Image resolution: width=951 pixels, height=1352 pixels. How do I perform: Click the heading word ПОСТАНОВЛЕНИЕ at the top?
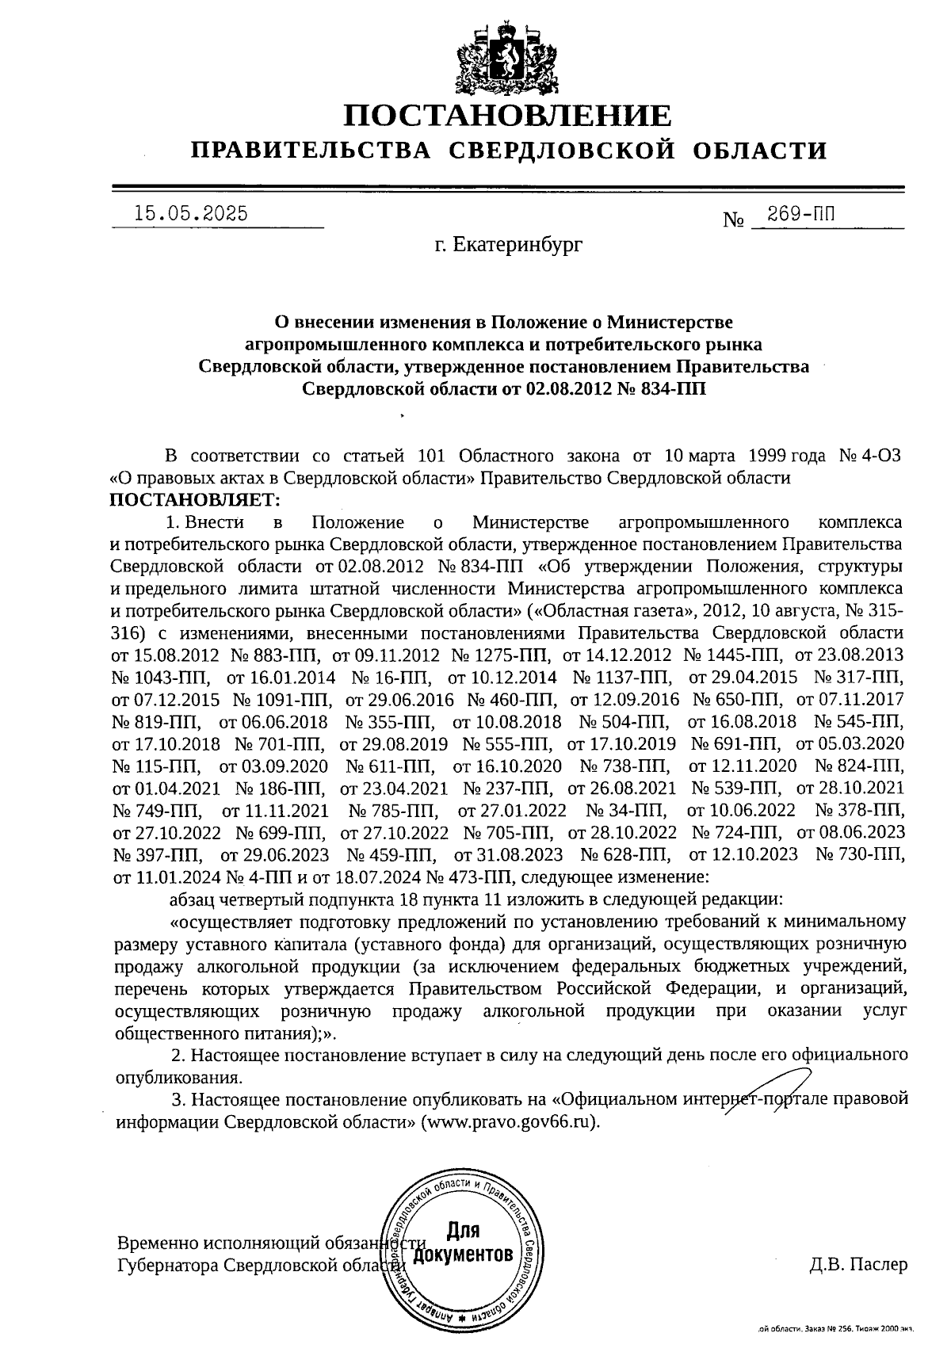coord(507,116)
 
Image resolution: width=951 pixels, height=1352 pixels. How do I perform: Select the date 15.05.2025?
coord(191,214)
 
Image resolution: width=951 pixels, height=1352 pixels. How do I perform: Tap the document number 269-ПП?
coord(801,214)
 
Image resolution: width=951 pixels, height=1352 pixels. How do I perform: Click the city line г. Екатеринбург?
coord(507,246)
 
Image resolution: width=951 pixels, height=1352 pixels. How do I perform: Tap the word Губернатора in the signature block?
coord(168,1265)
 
